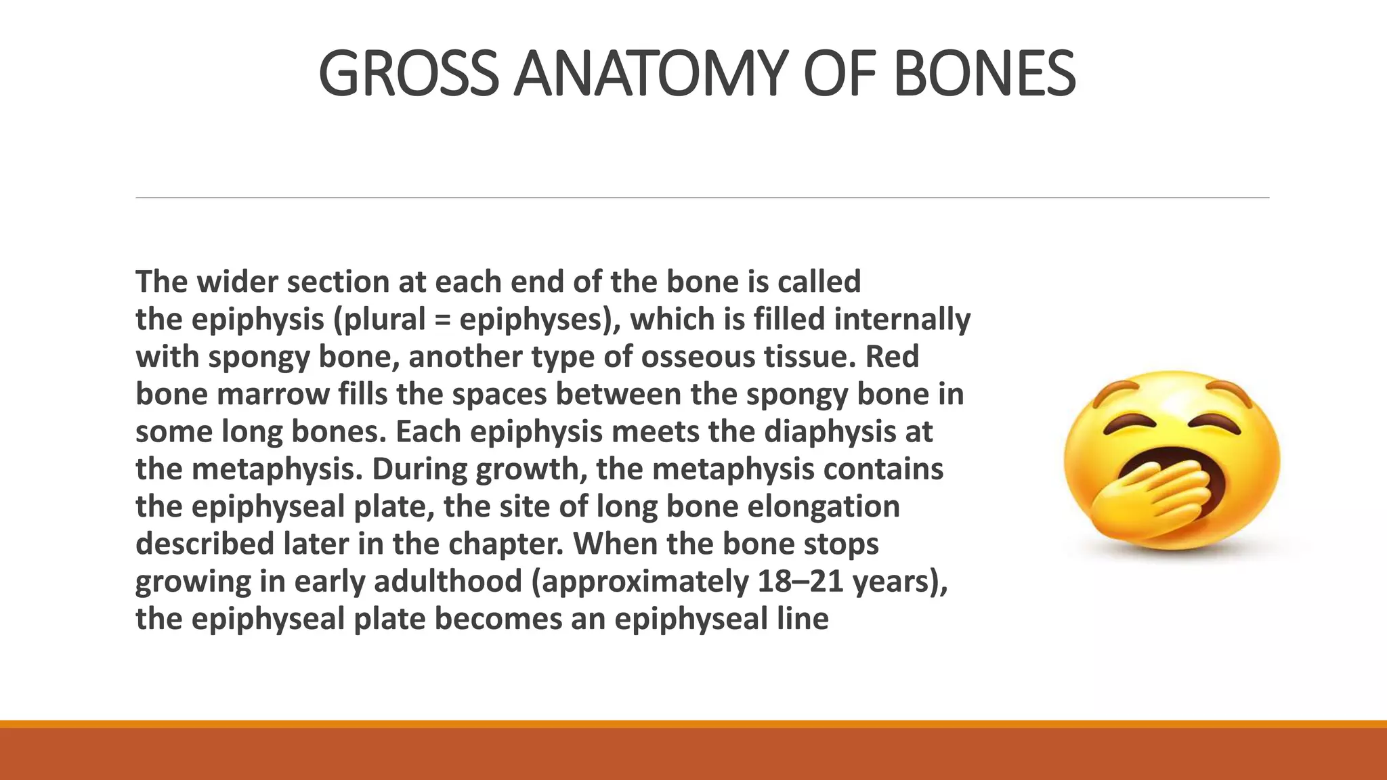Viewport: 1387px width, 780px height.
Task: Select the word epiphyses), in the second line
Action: tap(540, 320)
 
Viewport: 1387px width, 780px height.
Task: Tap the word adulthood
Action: tap(448, 582)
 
